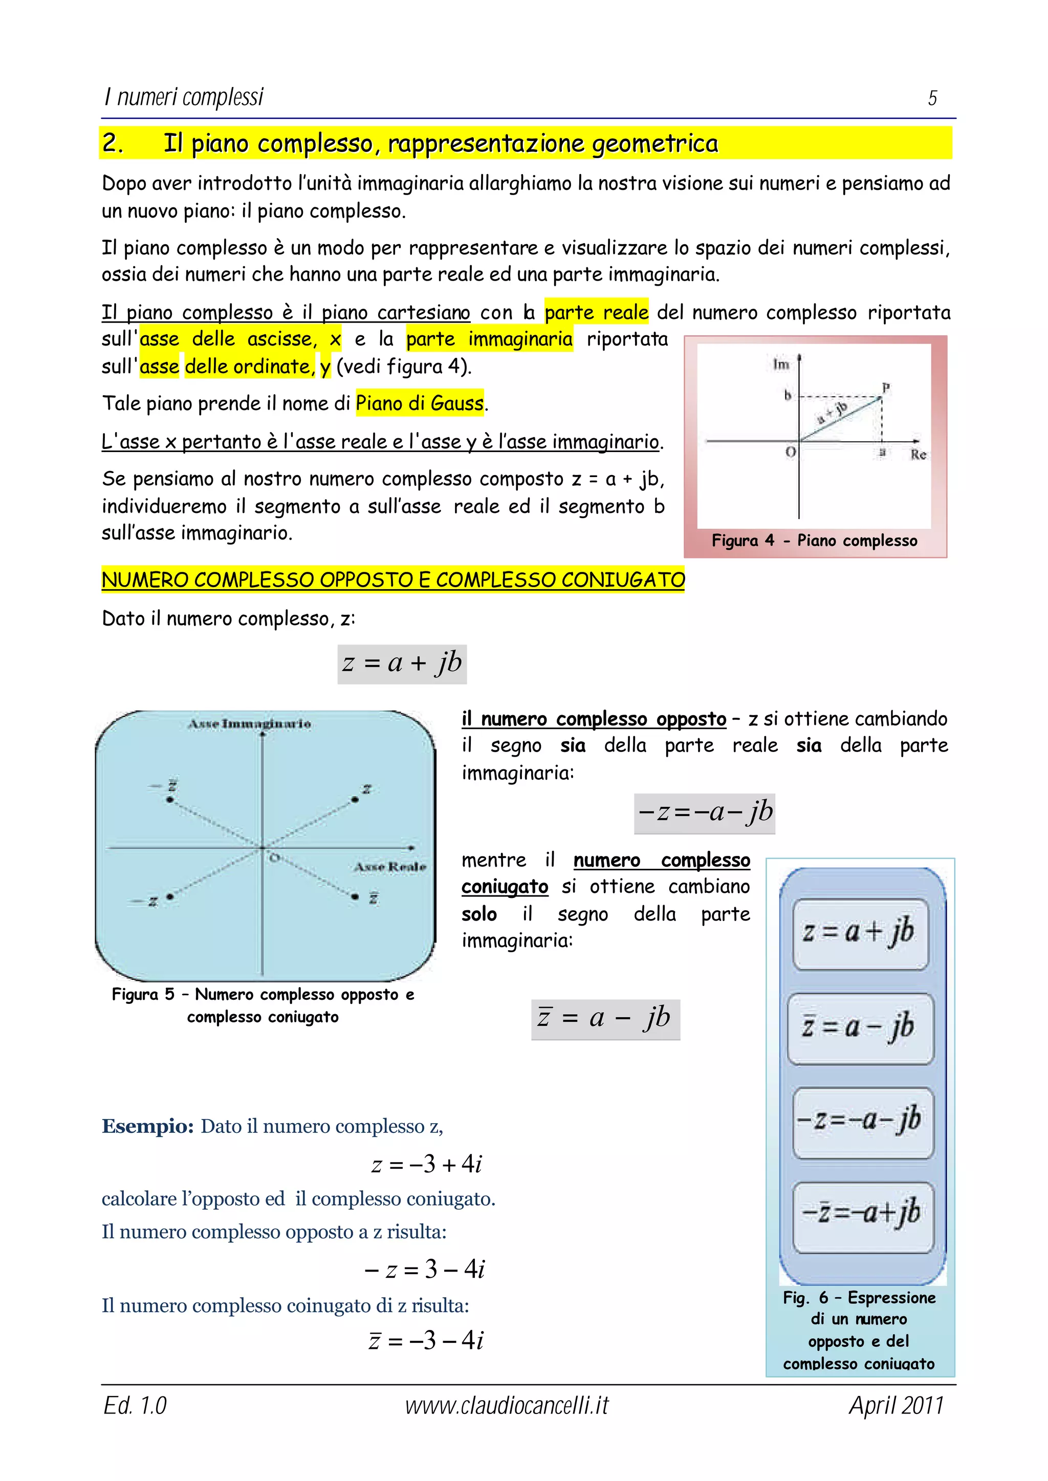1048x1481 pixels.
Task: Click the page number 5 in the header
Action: tap(932, 98)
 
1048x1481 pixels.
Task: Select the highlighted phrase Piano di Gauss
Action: tap(420, 403)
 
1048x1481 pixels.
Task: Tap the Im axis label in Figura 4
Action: tap(781, 365)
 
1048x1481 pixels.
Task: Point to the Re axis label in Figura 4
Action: tap(919, 455)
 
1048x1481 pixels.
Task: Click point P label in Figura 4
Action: tap(886, 388)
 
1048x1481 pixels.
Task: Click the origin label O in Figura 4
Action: tap(791, 452)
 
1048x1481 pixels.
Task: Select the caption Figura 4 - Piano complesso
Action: tap(814, 541)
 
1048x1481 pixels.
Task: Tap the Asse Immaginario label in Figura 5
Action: tap(250, 724)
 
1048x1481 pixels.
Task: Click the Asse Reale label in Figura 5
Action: tap(390, 867)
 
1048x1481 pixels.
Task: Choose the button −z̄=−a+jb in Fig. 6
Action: tap(862, 1212)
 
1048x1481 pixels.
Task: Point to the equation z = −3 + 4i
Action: tap(427, 1164)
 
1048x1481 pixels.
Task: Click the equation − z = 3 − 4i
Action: tap(425, 1269)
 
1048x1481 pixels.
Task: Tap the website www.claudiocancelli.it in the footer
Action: tap(507, 1405)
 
